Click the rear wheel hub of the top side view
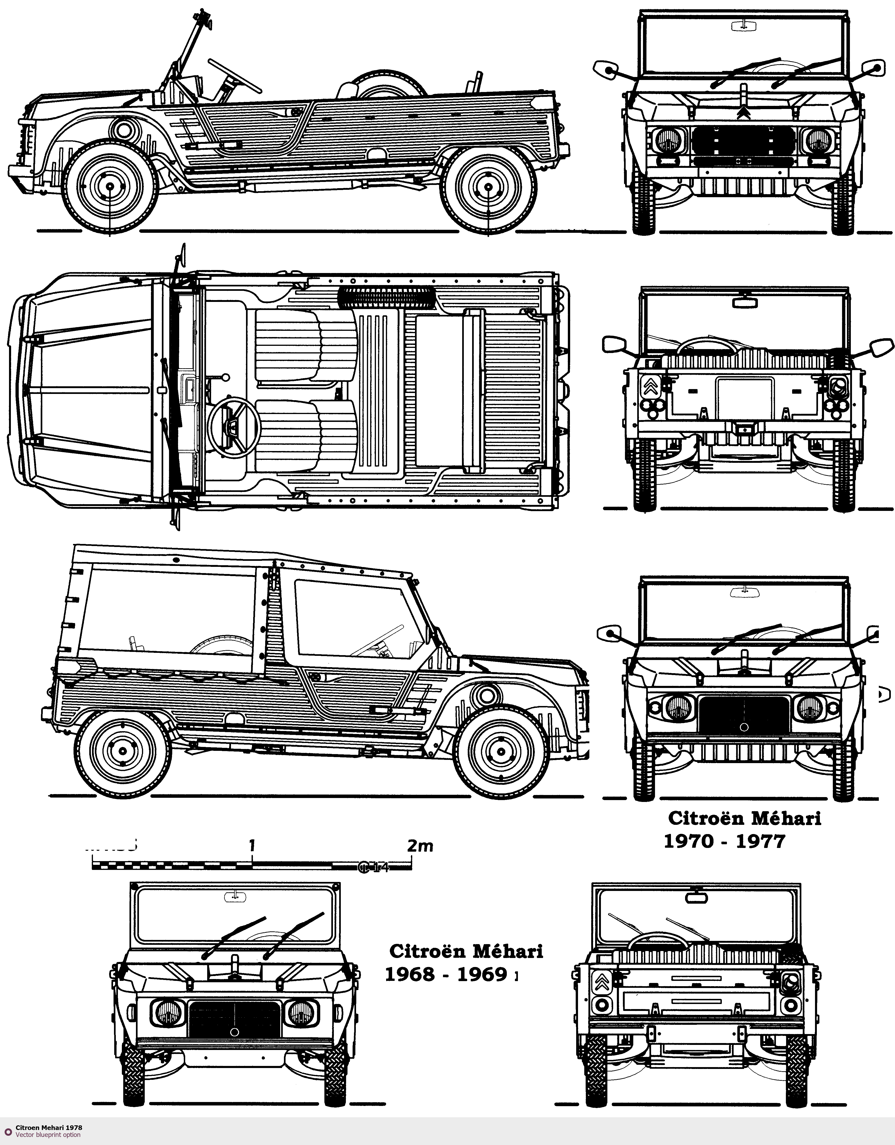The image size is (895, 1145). point(488,186)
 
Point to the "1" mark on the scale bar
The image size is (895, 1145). point(252,846)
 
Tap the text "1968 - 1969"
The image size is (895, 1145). point(447,974)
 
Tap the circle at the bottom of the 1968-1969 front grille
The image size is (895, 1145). point(234,1031)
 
